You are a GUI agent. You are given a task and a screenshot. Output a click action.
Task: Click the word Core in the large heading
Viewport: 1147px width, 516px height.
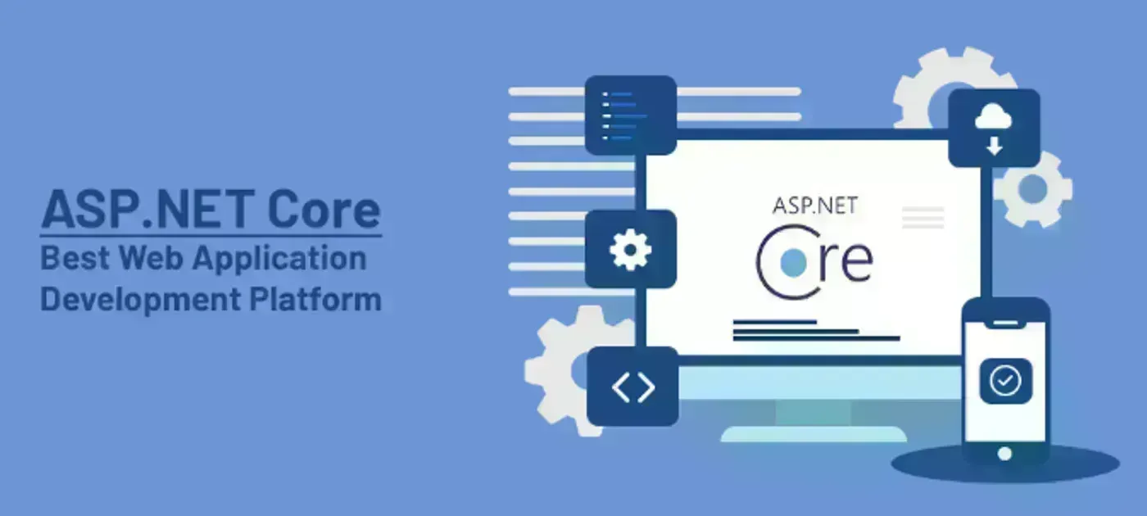[324, 209]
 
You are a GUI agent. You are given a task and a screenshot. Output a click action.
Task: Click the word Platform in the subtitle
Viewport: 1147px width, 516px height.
[315, 299]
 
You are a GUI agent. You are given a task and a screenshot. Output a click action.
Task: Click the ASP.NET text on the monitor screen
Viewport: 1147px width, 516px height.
[815, 206]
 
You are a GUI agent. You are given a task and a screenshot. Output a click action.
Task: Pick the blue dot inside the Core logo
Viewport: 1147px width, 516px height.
[793, 262]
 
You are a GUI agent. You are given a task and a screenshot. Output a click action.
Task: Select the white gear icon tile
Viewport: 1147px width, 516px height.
[631, 249]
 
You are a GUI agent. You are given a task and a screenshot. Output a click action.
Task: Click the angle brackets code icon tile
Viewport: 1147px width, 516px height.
[632, 387]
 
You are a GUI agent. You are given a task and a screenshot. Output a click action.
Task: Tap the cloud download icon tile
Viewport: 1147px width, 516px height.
[994, 128]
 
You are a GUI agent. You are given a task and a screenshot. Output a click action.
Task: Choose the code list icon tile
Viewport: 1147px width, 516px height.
[631, 115]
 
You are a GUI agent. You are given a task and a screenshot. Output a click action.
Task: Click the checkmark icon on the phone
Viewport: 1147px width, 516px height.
[1005, 381]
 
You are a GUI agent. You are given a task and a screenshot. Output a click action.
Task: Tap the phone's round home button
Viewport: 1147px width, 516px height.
[1004, 454]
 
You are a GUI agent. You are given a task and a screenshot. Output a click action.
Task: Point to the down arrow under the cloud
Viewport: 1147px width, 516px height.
[994, 147]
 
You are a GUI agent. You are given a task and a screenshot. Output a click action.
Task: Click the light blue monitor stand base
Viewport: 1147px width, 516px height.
[814, 434]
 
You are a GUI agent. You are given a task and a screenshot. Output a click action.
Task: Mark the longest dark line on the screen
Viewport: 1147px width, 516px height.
[816, 338]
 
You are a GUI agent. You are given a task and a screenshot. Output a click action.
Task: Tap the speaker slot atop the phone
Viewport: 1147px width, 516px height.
[1005, 323]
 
